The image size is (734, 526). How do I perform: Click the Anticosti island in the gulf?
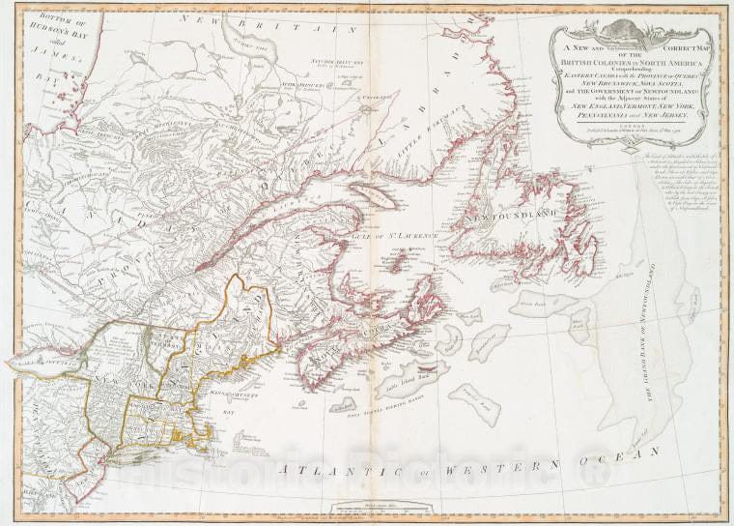click(x=376, y=193)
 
